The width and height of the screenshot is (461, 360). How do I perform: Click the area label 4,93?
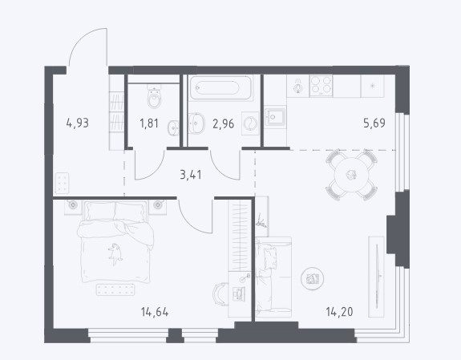point(78,123)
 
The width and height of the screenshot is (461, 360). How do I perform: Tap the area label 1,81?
point(149,123)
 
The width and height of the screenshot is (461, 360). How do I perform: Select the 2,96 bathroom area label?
point(224,123)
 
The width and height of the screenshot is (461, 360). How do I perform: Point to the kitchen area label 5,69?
point(374,123)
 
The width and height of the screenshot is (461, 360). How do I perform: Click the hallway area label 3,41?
point(191,175)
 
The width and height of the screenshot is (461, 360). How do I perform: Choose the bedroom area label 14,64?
point(155,312)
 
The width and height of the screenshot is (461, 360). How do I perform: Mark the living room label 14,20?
point(340,311)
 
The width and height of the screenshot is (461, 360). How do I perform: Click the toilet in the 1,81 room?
point(154,96)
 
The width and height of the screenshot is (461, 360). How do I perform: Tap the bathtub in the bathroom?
point(220,87)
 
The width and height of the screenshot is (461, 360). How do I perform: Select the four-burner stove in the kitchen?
point(321,86)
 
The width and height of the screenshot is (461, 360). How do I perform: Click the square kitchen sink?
point(275,117)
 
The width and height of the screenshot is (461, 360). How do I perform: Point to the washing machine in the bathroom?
point(250,123)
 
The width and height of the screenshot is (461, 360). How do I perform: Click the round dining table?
point(351,175)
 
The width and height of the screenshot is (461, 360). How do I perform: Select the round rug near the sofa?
point(312,279)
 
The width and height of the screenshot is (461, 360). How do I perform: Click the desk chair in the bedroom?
point(220,294)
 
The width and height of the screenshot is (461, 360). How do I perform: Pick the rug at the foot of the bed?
point(115,289)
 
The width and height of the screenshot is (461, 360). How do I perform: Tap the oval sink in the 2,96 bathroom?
point(196,123)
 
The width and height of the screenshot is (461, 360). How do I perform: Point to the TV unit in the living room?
point(376,277)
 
